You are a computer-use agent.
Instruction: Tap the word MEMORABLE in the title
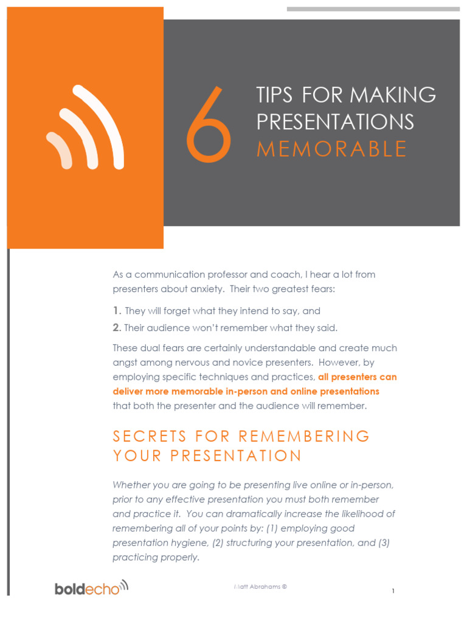(x=331, y=149)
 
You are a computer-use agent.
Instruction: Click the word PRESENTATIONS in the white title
(x=335, y=121)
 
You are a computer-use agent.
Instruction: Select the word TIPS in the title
(x=274, y=95)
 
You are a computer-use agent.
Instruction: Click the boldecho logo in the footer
(x=91, y=587)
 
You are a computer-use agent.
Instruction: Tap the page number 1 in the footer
(x=393, y=591)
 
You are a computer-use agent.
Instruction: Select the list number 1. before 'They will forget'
(x=117, y=311)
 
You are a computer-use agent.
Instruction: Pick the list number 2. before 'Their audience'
(x=117, y=328)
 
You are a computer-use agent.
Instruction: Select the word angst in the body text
(x=125, y=363)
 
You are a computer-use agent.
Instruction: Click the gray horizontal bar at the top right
(x=373, y=9)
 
